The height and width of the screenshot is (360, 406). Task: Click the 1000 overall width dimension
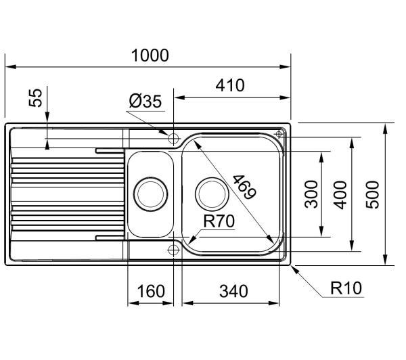(150, 55)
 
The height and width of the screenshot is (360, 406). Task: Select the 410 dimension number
(230, 85)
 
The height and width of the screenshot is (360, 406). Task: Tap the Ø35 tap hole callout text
(145, 101)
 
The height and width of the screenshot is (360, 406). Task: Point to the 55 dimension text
(35, 97)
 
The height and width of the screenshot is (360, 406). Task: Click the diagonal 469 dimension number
(244, 187)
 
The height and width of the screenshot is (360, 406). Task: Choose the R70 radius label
(219, 221)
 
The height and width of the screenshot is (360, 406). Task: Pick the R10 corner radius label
(346, 288)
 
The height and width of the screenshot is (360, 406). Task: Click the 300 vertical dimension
(311, 194)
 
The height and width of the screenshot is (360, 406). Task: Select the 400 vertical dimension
(340, 195)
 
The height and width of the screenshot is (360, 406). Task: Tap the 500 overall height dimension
(372, 194)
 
